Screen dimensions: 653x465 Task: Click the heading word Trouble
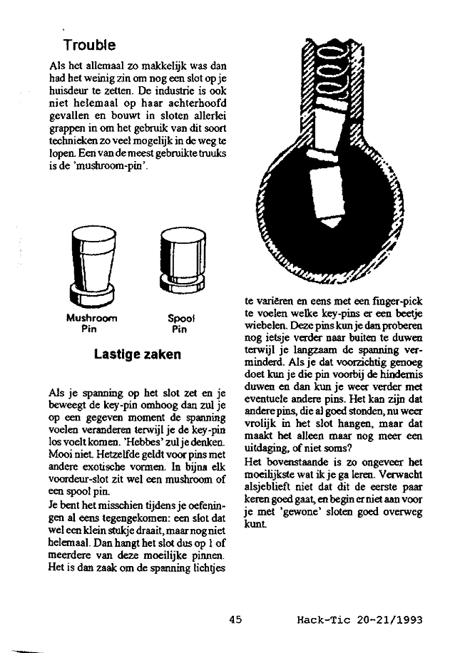pyautogui.click(x=89, y=46)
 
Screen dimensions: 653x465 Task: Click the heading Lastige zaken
pyautogui.click(x=138, y=354)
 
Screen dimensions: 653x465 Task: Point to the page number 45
pyautogui.click(x=236, y=620)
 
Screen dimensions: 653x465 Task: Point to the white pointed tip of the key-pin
pyautogui.click(x=330, y=219)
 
